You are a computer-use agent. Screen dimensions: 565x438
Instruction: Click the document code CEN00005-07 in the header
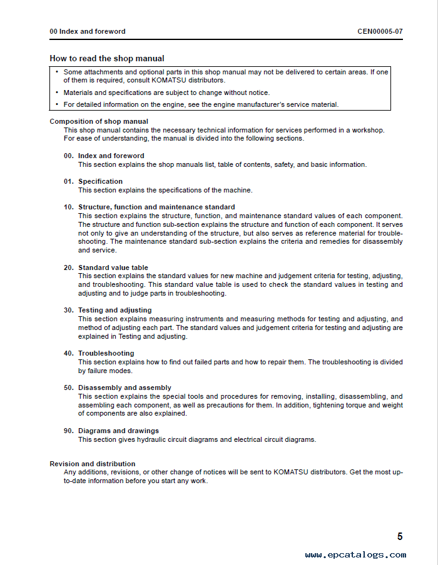point(380,31)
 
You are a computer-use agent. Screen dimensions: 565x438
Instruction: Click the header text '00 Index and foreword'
point(88,31)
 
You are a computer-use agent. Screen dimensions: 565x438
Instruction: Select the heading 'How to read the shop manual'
point(107,59)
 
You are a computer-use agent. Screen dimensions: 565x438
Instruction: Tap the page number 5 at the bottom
point(400,536)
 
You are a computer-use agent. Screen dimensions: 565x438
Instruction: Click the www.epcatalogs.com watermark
point(355,555)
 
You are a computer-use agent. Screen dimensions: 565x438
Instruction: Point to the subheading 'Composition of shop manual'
point(99,121)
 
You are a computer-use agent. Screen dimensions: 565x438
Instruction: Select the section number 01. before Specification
point(69,181)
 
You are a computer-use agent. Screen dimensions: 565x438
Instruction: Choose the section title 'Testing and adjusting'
point(115,310)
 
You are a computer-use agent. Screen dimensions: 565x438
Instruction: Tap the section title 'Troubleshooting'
point(106,353)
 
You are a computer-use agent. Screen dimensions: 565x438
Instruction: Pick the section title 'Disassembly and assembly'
point(125,387)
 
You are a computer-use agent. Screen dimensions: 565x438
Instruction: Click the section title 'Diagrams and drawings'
point(118,431)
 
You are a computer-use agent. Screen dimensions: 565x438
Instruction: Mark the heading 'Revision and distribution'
point(93,464)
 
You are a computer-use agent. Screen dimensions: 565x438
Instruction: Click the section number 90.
point(69,431)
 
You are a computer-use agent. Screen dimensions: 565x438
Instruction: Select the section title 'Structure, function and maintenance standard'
point(156,207)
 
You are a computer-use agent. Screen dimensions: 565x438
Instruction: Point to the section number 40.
point(69,353)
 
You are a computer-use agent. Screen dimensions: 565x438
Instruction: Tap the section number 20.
point(69,267)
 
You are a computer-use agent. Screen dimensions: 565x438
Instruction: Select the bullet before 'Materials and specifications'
point(56,92)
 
